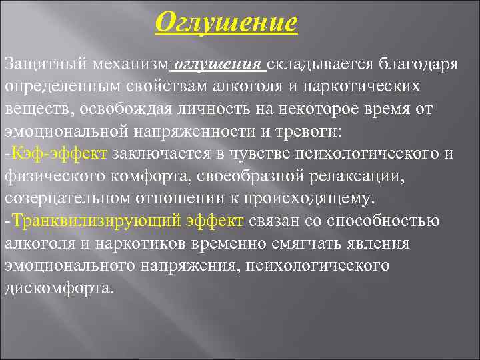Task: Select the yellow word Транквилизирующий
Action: tap(81, 221)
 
